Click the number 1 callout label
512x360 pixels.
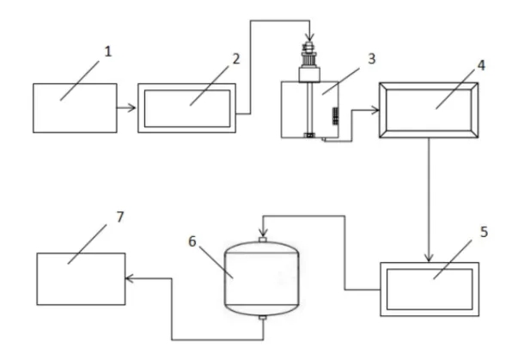pos(108,52)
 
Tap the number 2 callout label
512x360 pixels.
pos(236,58)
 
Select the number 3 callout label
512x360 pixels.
pos(372,58)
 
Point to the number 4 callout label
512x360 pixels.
pos(481,65)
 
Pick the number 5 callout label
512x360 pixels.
pos(484,232)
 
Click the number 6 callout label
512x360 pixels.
pos(192,241)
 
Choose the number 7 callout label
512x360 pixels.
pos(120,217)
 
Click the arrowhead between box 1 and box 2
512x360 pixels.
pos(131,107)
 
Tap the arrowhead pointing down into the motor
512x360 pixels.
pos(309,37)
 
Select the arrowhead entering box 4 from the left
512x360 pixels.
pos(375,111)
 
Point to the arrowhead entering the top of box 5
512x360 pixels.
pos(429,258)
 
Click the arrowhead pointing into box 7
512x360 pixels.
pos(130,278)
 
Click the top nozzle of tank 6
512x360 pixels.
pos(263,240)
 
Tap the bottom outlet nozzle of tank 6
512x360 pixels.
pos(263,318)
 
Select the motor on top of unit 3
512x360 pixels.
pos(309,63)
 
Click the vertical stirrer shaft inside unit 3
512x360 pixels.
pos(309,107)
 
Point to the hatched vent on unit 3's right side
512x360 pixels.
pos(335,116)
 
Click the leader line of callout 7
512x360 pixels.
pos(87,244)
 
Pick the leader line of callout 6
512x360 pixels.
pos(216,262)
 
